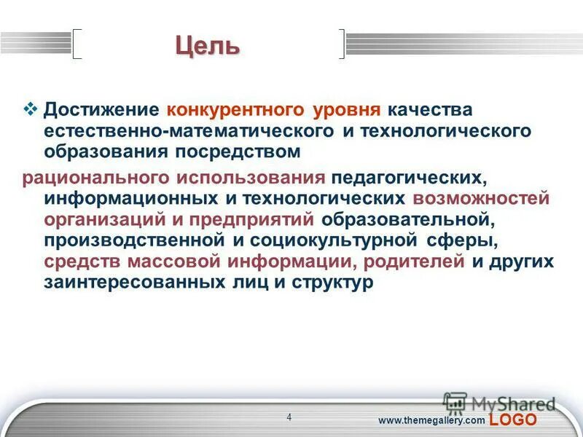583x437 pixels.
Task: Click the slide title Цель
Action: tap(207, 45)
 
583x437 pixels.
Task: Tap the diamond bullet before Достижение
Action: tap(30, 109)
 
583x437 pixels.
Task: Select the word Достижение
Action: tap(101, 110)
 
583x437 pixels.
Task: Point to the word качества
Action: tap(430, 110)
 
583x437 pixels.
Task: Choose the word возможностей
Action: tap(481, 199)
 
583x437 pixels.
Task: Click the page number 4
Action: tap(289, 417)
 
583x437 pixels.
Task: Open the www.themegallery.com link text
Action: tap(431, 421)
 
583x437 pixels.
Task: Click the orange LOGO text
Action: tap(513, 420)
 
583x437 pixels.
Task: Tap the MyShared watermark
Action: tap(503, 403)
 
